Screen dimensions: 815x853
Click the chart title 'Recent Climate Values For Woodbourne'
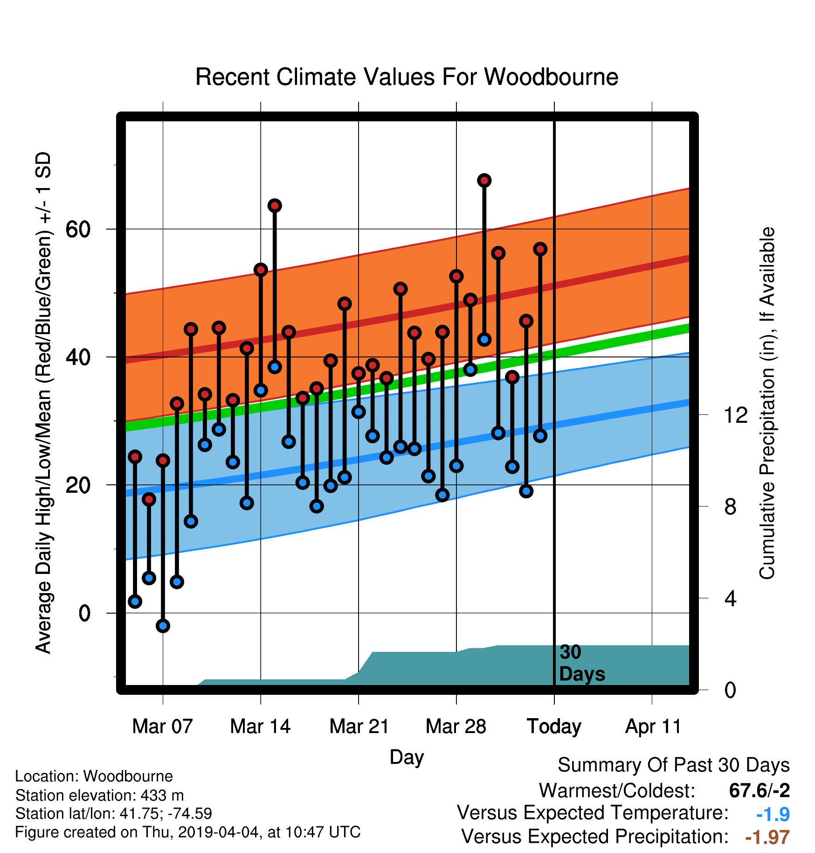pyautogui.click(x=407, y=77)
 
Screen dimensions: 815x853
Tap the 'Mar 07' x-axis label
pyautogui.click(x=162, y=727)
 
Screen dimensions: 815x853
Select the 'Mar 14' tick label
pyautogui.click(x=260, y=727)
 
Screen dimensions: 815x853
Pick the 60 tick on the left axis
pyautogui.click(x=78, y=229)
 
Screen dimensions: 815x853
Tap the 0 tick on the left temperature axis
pyautogui.click(x=84, y=613)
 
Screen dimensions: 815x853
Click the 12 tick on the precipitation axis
pyautogui.click(x=735, y=415)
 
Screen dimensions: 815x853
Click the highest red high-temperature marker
pyautogui.click(x=484, y=180)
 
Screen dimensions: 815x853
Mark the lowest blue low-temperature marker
pyautogui.click(x=163, y=626)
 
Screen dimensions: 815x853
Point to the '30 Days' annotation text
pyautogui.click(x=582, y=663)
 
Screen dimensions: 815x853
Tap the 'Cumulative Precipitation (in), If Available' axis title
pyautogui.click(x=767, y=404)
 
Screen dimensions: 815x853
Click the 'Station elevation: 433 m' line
pyautogui.click(x=99, y=795)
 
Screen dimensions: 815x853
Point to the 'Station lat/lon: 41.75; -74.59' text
pyautogui.click(x=114, y=814)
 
